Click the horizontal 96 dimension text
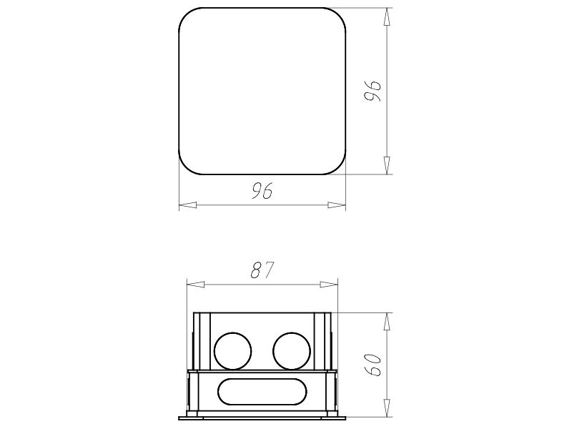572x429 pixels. click(262, 191)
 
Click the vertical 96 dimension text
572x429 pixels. click(373, 91)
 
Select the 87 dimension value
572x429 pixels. click(262, 270)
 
